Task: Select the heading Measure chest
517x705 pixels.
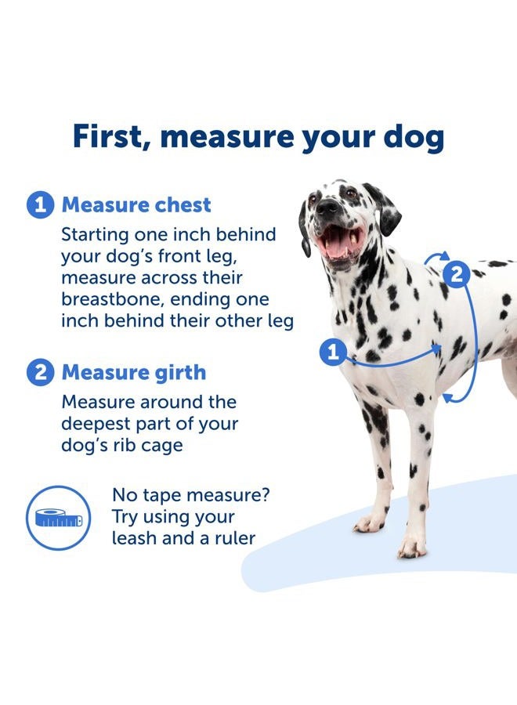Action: pos(136,205)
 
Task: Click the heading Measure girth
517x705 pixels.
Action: pos(134,372)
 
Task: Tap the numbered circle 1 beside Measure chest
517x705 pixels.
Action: pos(41,205)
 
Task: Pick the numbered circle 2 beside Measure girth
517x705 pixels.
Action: pos(41,372)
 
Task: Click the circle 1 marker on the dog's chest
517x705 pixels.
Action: pos(333,352)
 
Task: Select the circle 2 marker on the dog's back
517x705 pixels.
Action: pos(456,274)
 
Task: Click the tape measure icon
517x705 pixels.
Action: pos(60,518)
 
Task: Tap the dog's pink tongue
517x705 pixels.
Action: pos(337,245)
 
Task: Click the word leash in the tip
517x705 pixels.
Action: pos(136,538)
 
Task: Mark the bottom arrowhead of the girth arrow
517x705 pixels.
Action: pos(447,399)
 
